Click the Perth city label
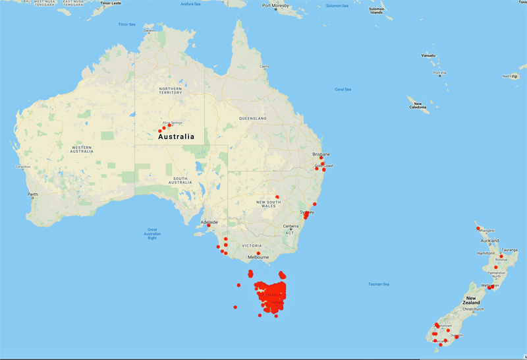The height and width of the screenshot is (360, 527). click(33, 195)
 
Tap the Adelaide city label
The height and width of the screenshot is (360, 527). click(210, 222)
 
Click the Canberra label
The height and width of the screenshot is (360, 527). click(292, 226)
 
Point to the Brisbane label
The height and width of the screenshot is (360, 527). click(321, 154)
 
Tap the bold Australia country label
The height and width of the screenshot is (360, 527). click(176, 136)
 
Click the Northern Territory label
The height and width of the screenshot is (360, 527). click(170, 90)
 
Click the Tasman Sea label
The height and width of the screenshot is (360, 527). click(379, 284)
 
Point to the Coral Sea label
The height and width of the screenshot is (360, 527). click(343, 89)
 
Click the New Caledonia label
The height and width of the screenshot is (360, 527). click(417, 105)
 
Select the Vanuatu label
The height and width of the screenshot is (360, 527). click(428, 55)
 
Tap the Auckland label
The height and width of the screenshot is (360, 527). click(489, 241)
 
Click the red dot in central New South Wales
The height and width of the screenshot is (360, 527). click(277, 196)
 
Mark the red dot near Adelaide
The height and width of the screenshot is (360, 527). click(208, 226)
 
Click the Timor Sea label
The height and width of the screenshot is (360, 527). click(126, 24)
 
